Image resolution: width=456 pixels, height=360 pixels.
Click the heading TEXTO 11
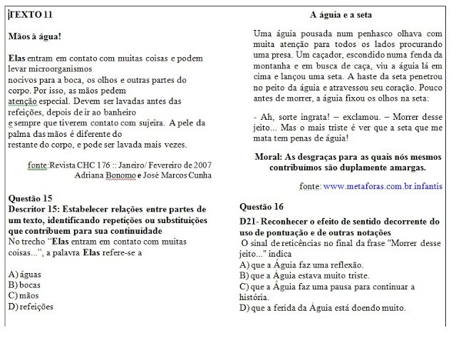click(x=31, y=14)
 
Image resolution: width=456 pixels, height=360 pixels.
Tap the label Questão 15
click(x=30, y=197)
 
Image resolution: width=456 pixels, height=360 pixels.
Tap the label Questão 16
click(x=261, y=206)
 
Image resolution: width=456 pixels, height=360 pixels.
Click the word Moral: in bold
click(x=270, y=156)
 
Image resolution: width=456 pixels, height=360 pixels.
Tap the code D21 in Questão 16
click(x=249, y=222)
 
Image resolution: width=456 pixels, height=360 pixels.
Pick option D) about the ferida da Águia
click(x=322, y=308)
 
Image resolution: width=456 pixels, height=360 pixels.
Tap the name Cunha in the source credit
click(x=199, y=175)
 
